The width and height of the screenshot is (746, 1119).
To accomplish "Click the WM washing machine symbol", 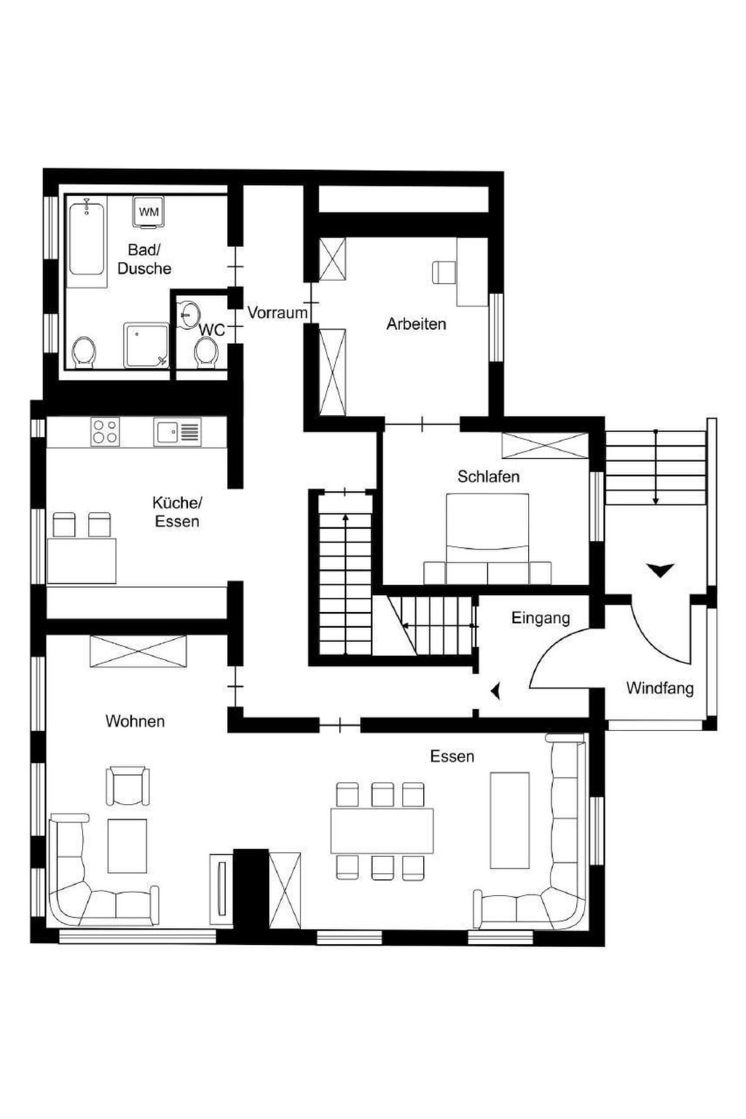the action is point(148,212).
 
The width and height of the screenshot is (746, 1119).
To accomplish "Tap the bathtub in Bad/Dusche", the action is point(87,240).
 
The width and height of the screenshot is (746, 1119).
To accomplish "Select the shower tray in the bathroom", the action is point(146,345).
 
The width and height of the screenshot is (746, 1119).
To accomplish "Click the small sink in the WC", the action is point(189,315).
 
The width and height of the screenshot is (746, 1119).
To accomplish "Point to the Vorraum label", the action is point(278,313).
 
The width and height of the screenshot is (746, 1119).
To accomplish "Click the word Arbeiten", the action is point(416,324).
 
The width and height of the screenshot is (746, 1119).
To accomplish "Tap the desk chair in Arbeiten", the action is point(444,272).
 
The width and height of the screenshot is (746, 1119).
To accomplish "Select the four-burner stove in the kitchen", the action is point(105,431).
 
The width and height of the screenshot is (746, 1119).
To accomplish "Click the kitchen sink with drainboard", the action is point(177,432).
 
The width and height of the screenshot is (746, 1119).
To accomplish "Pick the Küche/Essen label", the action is point(177,511).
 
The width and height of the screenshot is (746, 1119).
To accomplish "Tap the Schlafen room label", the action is point(488,476).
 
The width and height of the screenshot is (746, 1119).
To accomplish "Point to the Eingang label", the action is point(541,619).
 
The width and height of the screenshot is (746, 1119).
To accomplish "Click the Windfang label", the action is point(659,688).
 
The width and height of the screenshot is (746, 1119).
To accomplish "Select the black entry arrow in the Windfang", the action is point(660,570).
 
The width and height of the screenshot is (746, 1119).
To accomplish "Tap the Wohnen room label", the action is point(135,721).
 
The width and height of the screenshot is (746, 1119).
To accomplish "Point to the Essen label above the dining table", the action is point(452,756).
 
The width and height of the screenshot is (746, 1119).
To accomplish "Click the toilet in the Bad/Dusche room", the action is point(84,353).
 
